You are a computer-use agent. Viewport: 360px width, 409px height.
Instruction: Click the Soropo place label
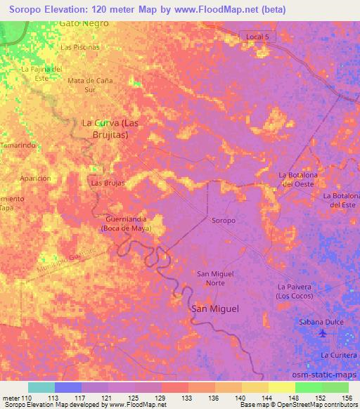(224, 221)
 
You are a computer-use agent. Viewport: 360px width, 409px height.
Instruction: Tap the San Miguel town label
(215, 309)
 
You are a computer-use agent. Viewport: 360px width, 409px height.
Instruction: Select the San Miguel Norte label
(215, 278)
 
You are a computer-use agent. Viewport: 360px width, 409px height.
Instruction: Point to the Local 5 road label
(258, 36)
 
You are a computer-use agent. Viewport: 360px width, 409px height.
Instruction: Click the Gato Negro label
(84, 23)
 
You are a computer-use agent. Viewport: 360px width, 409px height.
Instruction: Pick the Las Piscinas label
(80, 47)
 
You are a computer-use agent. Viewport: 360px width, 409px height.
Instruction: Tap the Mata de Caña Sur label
(90, 85)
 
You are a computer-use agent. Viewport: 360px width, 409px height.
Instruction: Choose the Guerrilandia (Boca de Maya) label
(131, 223)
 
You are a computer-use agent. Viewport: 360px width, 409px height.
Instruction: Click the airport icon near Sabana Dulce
(323, 333)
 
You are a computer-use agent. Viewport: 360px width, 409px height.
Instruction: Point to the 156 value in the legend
(346, 398)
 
